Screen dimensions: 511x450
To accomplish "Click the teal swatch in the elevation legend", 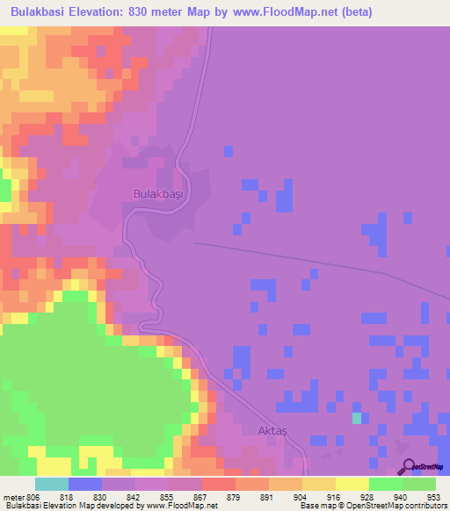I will coord(52,484).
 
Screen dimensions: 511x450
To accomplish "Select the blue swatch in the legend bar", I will coord(85,484).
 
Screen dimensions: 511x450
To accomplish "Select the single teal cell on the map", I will coord(356,418).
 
